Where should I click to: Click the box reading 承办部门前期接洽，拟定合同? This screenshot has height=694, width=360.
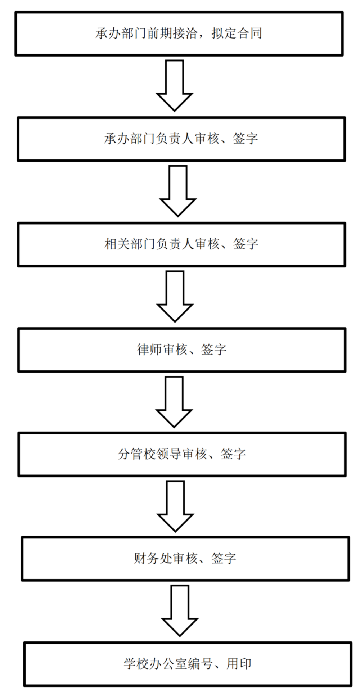pos(179,33)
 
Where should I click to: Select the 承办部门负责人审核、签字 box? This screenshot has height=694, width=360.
pos(181,139)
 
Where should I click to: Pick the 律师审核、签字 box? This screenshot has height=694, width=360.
pos(182,350)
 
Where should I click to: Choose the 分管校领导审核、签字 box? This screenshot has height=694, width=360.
pos(182,454)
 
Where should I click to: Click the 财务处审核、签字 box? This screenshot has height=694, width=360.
pos(185,559)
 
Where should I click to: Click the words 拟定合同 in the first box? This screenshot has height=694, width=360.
pos(237,33)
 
